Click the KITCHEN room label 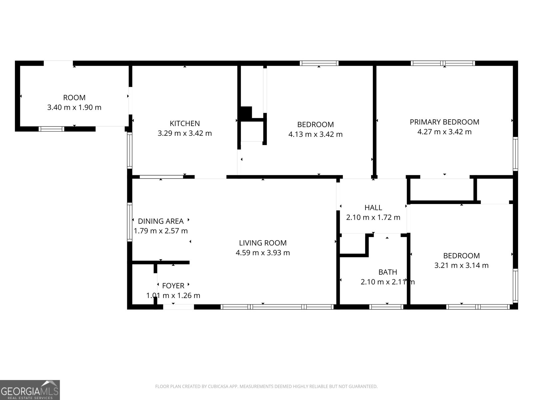pos(185,123)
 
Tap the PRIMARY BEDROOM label pos(444,122)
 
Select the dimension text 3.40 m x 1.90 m pos(74,107)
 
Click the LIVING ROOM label pos(263,243)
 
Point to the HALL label pos(373,208)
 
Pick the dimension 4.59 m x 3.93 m pos(263,253)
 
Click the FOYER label pos(173,286)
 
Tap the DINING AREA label pos(161,221)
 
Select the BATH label pos(387,272)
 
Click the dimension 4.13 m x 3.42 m pos(315,134)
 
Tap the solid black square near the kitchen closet pos(246,113)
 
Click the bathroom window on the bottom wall pos(387,307)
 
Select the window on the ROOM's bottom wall pos(52,129)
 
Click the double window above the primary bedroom pos(443,63)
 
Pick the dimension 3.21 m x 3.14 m pos(461,265)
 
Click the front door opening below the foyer pos(178,307)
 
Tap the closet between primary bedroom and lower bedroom pos(442,190)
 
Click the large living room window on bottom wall pos(277,307)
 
